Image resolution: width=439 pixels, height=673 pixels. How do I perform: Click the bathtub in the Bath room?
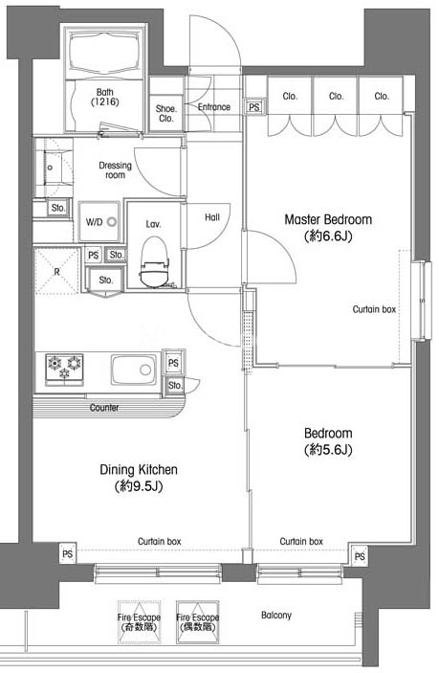pyautogui.click(x=105, y=52)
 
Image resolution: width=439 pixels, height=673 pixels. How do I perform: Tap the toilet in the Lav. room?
pyautogui.click(x=154, y=261)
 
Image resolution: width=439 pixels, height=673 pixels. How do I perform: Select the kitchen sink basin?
pyautogui.click(x=134, y=370)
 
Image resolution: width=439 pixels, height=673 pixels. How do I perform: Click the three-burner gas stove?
pyautogui.click(x=65, y=368)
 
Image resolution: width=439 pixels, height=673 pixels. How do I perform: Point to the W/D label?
pyautogui.click(x=94, y=222)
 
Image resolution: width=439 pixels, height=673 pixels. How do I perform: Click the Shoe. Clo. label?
pyautogui.click(x=165, y=114)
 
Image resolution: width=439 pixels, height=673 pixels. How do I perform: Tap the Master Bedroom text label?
pyautogui.click(x=328, y=219)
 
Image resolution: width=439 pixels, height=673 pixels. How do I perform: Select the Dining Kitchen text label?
pyautogui.click(x=139, y=469)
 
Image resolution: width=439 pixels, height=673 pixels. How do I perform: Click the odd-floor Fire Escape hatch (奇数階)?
pyautogui.click(x=140, y=622)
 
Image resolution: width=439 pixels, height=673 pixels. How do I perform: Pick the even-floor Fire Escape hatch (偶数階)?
pyautogui.click(x=198, y=622)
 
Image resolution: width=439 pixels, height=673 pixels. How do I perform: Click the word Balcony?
pyautogui.click(x=276, y=615)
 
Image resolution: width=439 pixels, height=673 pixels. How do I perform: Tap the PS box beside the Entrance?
pyautogui.click(x=253, y=107)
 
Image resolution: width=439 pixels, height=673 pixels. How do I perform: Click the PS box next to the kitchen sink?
pyautogui.click(x=173, y=363)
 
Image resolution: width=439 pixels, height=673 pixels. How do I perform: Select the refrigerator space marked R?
pyautogui.click(x=56, y=271)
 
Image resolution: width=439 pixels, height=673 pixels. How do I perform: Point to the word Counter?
pyautogui.click(x=104, y=407)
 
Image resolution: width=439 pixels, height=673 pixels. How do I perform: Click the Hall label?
pyautogui.click(x=212, y=217)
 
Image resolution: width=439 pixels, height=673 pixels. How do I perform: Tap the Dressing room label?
pyautogui.click(x=116, y=170)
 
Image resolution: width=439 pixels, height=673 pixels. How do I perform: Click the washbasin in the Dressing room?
pyautogui.click(x=53, y=168)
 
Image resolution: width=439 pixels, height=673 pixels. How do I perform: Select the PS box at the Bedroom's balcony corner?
pyautogui.click(x=361, y=556)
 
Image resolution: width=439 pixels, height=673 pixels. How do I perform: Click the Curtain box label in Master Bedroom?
pyautogui.click(x=374, y=309)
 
